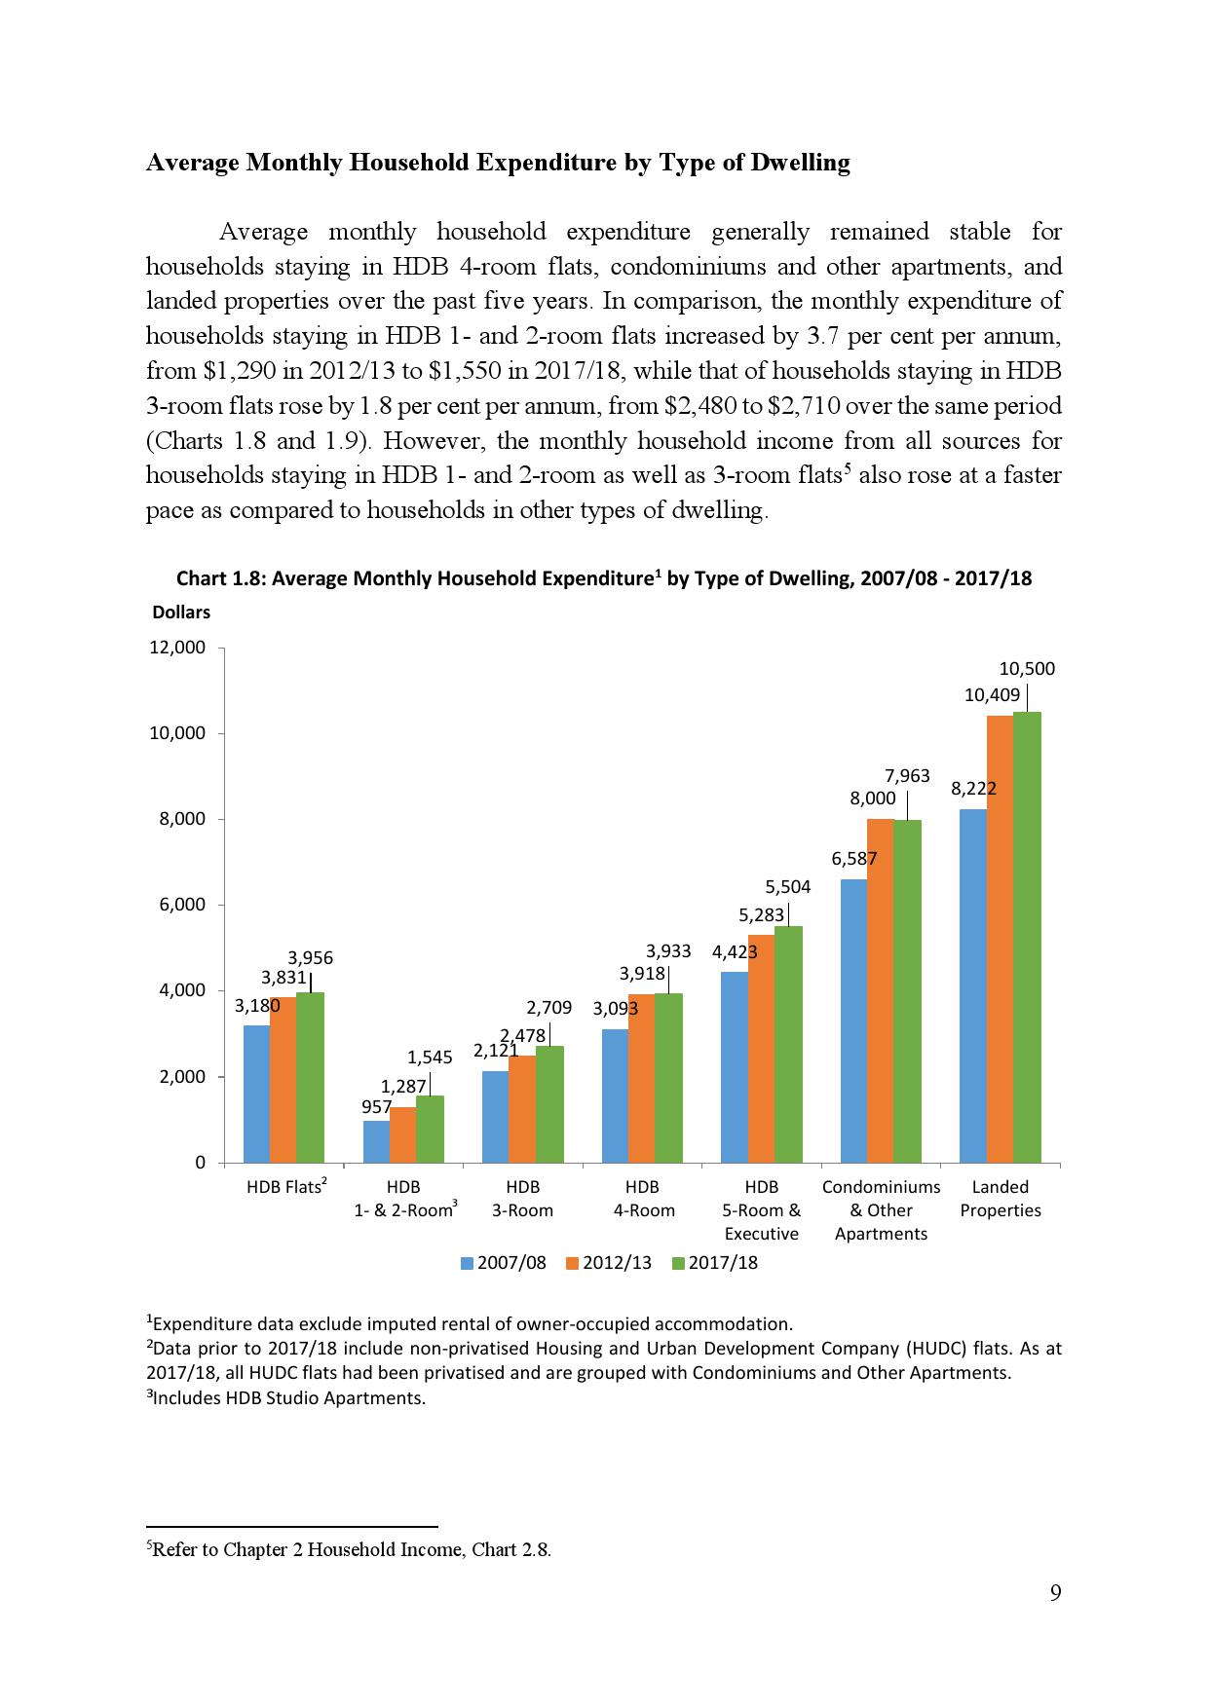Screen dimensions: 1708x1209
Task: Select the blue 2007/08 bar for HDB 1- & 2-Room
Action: tap(376, 1141)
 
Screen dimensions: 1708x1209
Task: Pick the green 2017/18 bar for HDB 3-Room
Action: tap(549, 1104)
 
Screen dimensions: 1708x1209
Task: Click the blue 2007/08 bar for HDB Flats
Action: tap(256, 1094)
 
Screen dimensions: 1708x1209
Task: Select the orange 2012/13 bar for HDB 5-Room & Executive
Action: tap(761, 1048)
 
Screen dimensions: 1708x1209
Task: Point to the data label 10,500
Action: tap(1027, 669)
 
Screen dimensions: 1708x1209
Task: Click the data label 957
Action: tap(376, 1107)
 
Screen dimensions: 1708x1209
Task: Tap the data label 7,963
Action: tap(907, 776)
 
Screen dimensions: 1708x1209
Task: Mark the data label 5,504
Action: tap(787, 886)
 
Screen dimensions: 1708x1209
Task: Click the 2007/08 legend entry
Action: tap(504, 1263)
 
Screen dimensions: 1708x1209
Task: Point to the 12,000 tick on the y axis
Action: tap(176, 648)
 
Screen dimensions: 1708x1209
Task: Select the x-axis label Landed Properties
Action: tap(1001, 1199)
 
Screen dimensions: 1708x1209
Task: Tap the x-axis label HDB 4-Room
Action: tap(643, 1199)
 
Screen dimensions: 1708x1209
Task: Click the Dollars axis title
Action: tap(181, 613)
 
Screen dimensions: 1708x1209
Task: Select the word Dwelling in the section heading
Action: tap(800, 163)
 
